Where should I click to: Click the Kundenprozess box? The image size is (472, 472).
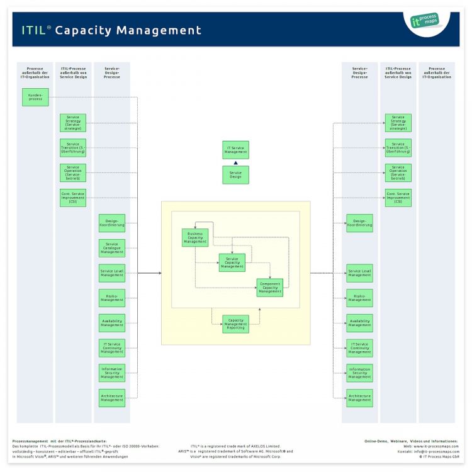[x=35, y=97]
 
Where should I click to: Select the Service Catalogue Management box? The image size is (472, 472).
[x=112, y=248]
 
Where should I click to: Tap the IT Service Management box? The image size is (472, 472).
[x=235, y=150]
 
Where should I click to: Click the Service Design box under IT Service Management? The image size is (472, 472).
[x=235, y=175]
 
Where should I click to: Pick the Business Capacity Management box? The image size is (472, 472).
[x=195, y=237]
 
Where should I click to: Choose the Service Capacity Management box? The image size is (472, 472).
[x=232, y=262]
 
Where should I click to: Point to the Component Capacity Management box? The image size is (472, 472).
[x=269, y=288]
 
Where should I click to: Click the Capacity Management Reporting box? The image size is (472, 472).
[x=235, y=323]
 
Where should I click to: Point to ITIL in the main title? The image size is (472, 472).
[x=33, y=30]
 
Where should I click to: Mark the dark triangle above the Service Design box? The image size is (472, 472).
[x=235, y=162]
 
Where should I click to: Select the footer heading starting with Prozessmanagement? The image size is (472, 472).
[x=60, y=441]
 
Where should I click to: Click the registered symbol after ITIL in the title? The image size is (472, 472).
[x=48, y=26]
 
